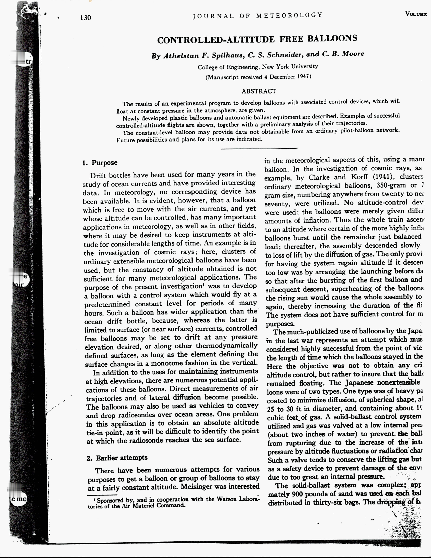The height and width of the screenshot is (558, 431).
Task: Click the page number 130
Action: [x=86, y=18]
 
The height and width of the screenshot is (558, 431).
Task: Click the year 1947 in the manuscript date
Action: [x=303, y=77]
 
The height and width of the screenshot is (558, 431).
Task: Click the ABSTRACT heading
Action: [x=259, y=91]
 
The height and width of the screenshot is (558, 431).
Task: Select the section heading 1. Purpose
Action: [x=100, y=163]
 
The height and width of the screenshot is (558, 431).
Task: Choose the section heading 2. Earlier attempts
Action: [x=117, y=458]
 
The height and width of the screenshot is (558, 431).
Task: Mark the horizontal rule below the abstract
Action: [x=259, y=148]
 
